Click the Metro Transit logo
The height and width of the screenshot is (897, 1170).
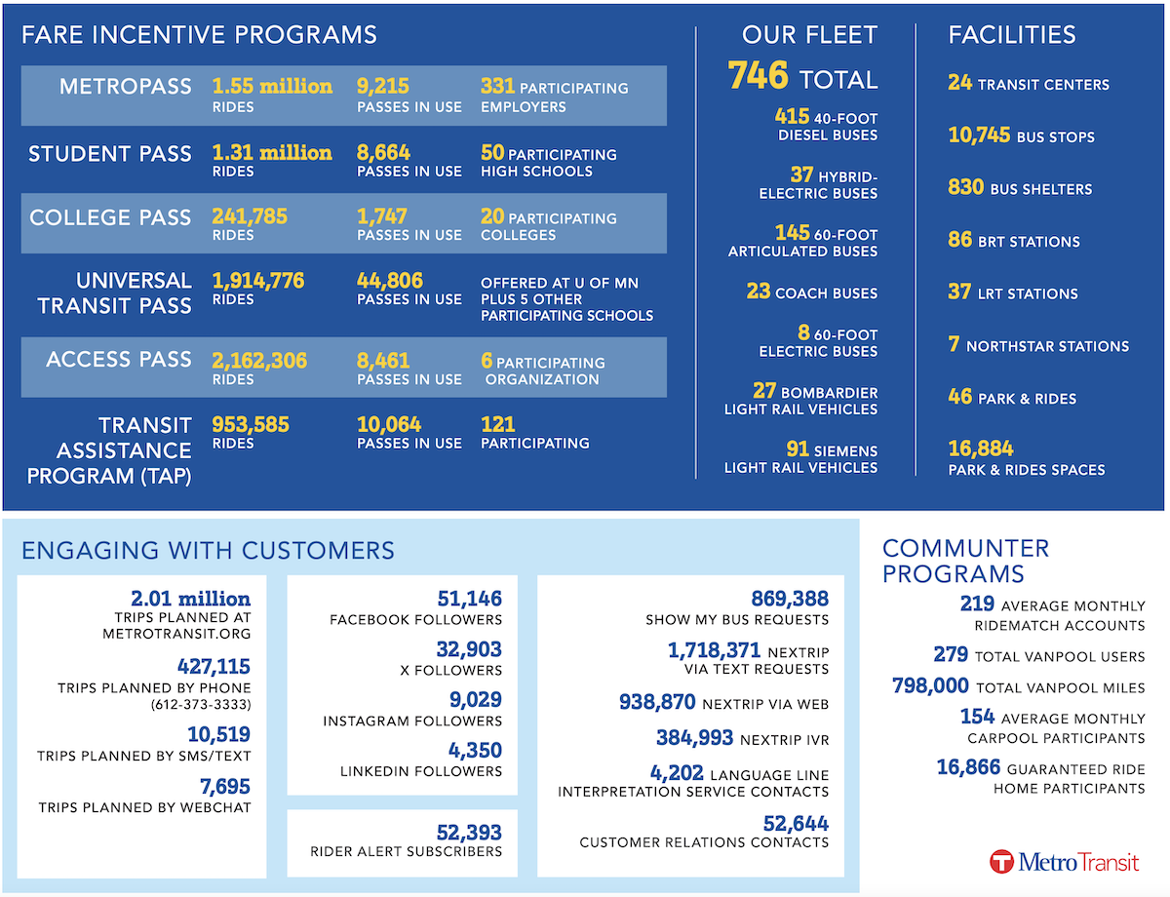(x=1064, y=862)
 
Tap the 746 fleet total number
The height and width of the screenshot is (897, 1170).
(x=758, y=75)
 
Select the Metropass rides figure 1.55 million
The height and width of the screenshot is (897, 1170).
(x=272, y=86)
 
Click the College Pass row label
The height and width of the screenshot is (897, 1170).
(x=110, y=217)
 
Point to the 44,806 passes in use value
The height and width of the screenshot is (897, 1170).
(x=390, y=281)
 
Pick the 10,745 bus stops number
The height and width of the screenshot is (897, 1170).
(x=979, y=135)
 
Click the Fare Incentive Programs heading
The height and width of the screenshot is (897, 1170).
(x=199, y=35)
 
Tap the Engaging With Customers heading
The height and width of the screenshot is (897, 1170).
(x=208, y=550)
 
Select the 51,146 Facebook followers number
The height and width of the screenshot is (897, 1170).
(x=470, y=599)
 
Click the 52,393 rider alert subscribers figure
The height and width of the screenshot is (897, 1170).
(x=469, y=833)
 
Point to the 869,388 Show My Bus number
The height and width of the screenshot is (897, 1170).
(x=790, y=599)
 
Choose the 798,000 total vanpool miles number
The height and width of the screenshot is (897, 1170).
(x=930, y=685)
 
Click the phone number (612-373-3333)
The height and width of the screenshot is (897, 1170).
(x=201, y=704)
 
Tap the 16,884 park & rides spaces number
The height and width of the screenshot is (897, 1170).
(x=981, y=448)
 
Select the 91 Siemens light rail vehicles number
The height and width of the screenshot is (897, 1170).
(x=798, y=448)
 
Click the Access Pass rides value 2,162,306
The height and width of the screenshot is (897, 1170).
(x=259, y=361)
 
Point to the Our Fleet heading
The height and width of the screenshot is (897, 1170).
(x=809, y=35)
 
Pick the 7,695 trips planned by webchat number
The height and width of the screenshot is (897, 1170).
(x=225, y=787)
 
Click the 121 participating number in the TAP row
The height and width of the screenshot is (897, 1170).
(x=497, y=425)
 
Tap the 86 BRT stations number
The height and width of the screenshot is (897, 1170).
(x=959, y=240)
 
